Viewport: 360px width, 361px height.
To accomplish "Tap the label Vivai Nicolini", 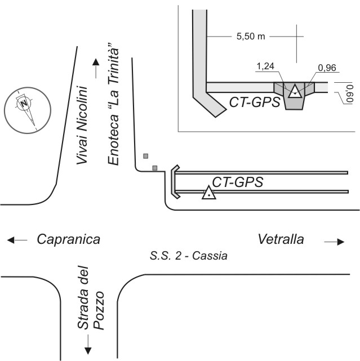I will coord(83,125).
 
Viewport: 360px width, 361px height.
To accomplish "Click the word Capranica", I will coord(68,239).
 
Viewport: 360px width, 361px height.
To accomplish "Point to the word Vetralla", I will coord(281,239).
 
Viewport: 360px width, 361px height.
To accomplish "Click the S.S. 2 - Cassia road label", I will coord(189,256).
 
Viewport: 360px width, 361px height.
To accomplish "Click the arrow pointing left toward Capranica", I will coord(17,240).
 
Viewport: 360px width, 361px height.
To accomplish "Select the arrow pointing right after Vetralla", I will coord(334,242).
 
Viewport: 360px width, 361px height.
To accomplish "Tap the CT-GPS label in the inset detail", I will coord(255,102).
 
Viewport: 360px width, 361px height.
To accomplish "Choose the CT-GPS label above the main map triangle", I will coord(238,181).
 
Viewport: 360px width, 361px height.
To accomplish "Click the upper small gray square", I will coord(145,155).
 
